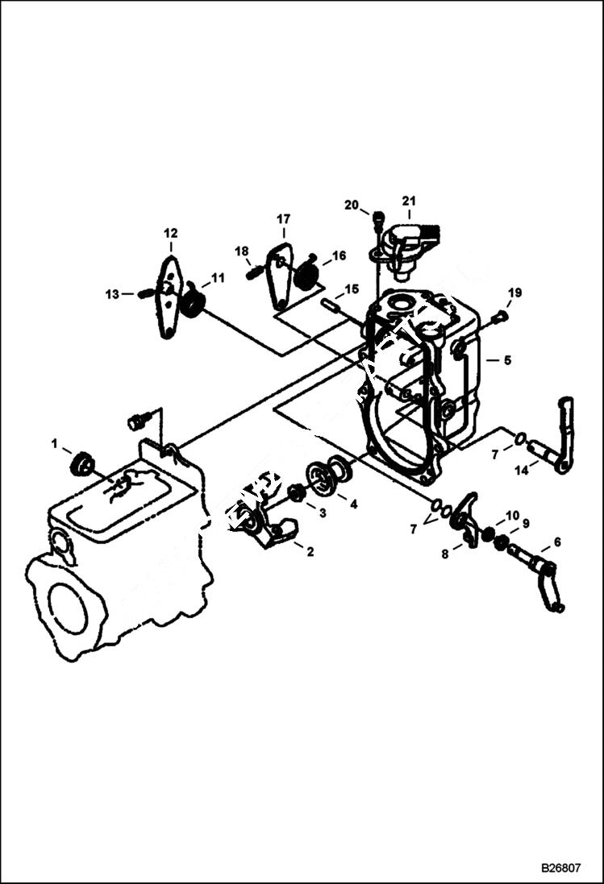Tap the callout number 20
click(351, 205)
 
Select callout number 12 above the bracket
click(171, 234)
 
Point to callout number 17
click(284, 218)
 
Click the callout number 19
click(515, 293)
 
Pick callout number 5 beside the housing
click(507, 360)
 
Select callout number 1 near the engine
click(55, 443)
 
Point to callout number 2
click(309, 552)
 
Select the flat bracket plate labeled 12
click(169, 297)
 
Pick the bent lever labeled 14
click(560, 435)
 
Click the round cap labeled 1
click(81, 465)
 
